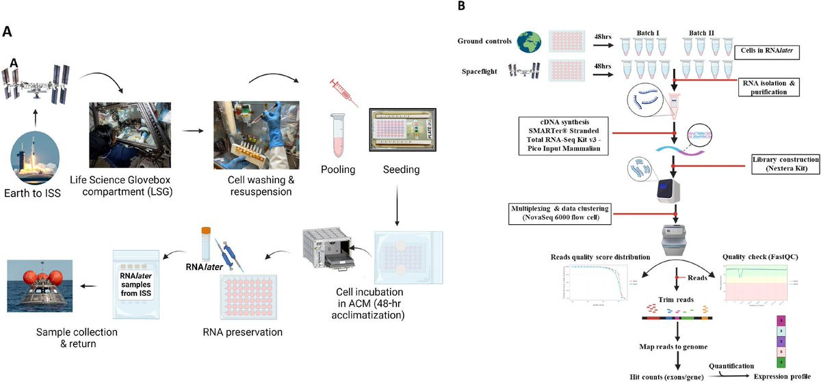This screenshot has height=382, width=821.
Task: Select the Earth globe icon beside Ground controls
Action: (527, 40)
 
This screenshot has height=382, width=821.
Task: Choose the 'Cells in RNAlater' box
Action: (766, 51)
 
